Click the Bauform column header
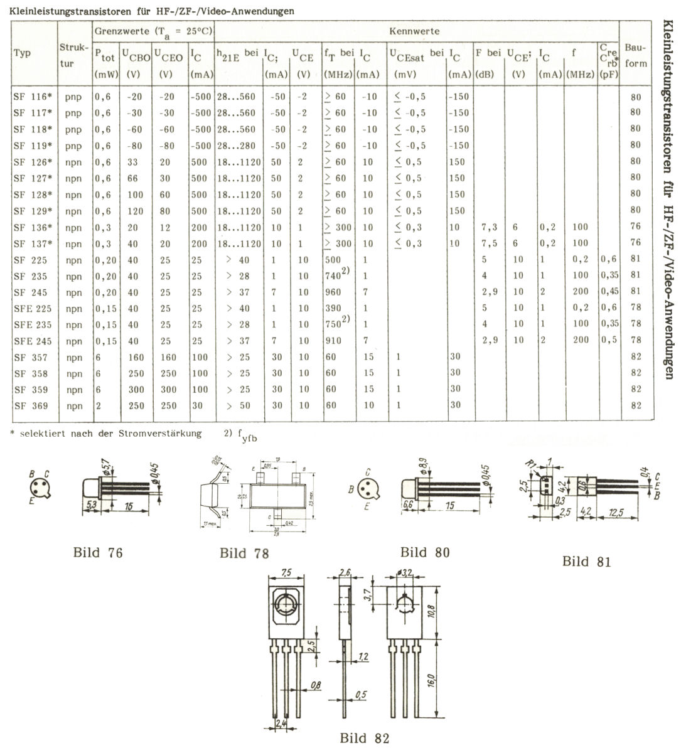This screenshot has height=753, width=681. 636,55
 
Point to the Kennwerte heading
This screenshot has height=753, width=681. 414,31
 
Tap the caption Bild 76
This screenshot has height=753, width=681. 97,552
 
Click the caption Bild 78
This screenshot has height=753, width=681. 244,553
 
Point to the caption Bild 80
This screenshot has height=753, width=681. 425,552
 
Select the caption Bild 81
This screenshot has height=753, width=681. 586,561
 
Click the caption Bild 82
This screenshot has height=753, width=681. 364,737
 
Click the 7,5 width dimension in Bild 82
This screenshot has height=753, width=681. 287,572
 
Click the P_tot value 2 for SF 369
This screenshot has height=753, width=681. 99,405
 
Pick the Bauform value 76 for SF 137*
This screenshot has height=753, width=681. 635,243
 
